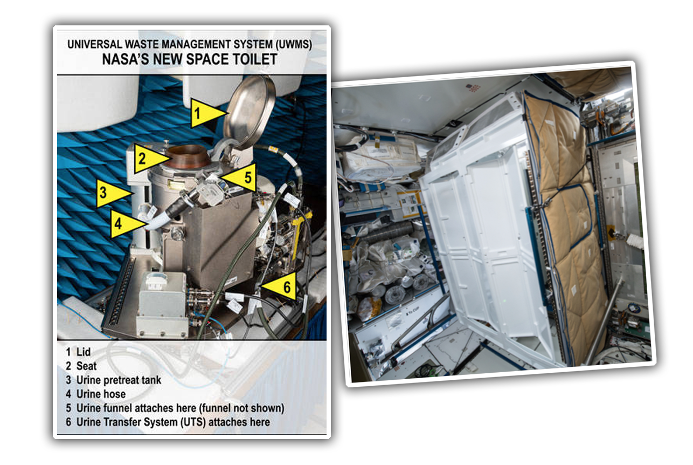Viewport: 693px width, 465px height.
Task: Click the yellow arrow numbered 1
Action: [206, 113]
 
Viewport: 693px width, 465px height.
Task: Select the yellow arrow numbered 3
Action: [112, 193]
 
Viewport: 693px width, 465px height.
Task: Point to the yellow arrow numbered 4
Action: [127, 223]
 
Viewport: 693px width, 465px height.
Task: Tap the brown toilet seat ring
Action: [189, 156]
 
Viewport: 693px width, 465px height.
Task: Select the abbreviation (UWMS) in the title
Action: [293, 45]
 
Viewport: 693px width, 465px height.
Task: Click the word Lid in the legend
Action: [84, 352]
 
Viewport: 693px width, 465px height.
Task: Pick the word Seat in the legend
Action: [86, 366]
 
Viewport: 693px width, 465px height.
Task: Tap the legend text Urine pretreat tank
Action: [119, 380]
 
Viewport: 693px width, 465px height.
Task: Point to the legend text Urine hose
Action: [101, 394]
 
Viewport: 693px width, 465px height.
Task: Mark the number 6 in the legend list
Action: [68, 422]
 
